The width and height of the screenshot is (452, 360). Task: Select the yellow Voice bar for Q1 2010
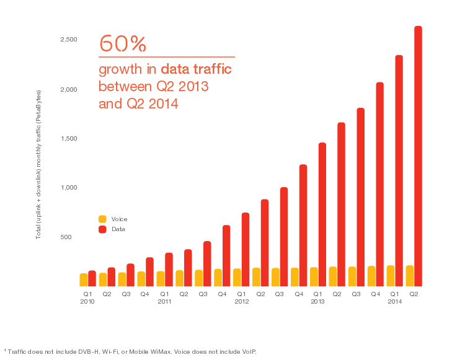(84, 279)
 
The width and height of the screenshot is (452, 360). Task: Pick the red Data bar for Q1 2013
(322, 214)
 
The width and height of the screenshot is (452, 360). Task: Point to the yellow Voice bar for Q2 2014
(409, 276)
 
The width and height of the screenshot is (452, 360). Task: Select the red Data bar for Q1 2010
(92, 278)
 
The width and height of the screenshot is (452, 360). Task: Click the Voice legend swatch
(102, 219)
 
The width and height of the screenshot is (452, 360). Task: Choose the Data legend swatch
(102, 229)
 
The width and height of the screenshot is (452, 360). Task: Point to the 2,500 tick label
(68, 40)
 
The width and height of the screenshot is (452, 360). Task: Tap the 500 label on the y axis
(72, 237)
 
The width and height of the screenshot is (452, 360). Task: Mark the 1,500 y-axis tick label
(68, 138)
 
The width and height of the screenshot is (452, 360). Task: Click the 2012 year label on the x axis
(241, 302)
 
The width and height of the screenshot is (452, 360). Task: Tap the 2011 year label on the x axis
(164, 302)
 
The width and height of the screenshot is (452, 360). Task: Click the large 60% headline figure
(123, 43)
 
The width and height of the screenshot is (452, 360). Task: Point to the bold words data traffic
(196, 69)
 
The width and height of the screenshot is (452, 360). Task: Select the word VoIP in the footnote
(247, 351)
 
